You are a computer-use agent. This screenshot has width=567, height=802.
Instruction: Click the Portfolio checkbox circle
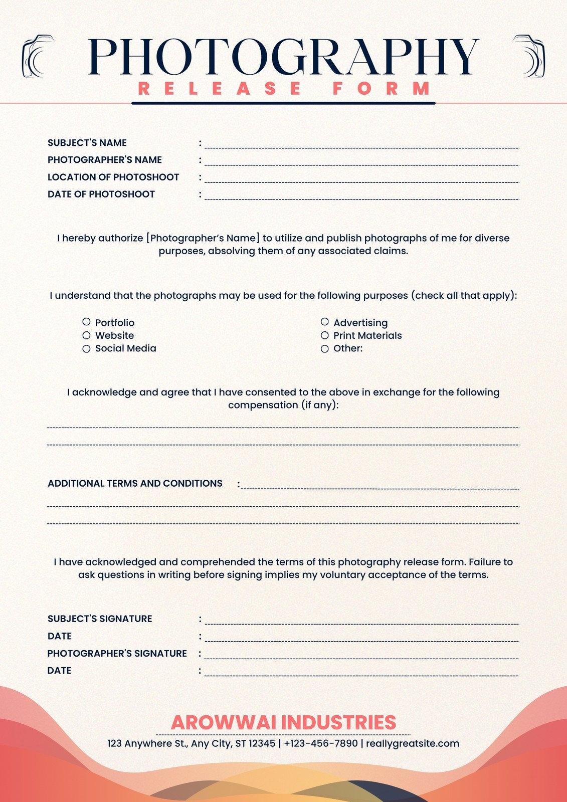coord(86,322)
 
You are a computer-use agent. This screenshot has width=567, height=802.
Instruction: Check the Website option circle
coord(86,335)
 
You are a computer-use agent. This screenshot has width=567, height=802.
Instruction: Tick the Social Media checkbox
coord(86,349)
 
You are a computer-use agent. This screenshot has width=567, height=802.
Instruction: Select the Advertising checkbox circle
coord(325,322)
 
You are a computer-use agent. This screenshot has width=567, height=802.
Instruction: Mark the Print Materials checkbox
coord(325,335)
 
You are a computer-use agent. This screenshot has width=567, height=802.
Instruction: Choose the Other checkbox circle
coord(325,349)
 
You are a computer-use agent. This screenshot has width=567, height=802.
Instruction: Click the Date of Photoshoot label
coord(101,194)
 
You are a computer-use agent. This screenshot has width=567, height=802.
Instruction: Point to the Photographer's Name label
coord(105,160)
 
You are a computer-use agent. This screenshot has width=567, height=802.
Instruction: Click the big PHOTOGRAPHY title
coord(283,56)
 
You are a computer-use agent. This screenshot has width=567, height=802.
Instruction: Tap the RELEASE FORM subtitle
coord(284,89)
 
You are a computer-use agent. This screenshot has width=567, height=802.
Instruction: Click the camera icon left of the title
coord(38,56)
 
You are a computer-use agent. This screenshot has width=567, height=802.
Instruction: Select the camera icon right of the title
coord(529,56)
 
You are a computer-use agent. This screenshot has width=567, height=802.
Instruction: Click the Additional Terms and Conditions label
coord(135,484)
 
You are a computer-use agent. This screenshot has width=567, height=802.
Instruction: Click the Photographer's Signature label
coord(117,654)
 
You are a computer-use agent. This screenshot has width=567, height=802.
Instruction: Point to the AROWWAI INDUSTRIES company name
coord(283,722)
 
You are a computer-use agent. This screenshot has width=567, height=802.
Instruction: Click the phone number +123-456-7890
coord(321,743)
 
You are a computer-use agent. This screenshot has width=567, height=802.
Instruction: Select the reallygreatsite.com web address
coord(413,743)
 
